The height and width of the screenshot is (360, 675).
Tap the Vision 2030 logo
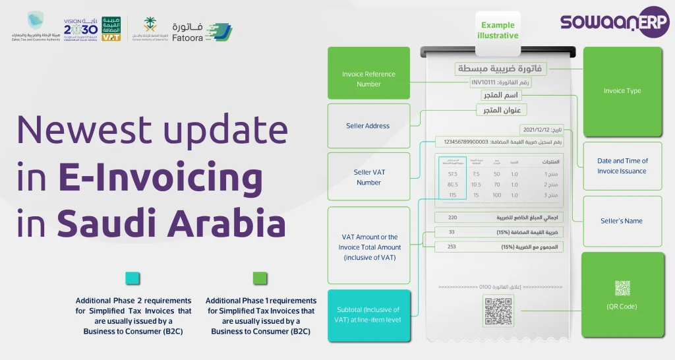point(81,27)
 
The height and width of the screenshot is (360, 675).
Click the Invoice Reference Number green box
point(368,79)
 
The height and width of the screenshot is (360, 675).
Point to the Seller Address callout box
point(368,126)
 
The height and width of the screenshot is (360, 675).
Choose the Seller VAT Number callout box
point(368,177)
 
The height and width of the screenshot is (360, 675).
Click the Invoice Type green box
point(622,91)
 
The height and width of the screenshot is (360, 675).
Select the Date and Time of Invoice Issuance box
point(622,165)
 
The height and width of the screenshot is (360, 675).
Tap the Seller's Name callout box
point(622,221)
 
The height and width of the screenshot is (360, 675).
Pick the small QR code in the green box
point(622,288)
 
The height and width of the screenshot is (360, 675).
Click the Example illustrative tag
point(498,30)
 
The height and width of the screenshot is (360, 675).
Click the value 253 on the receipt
point(452,247)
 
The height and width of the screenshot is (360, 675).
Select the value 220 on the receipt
point(452,217)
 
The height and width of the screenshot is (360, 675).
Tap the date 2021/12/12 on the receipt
point(536,130)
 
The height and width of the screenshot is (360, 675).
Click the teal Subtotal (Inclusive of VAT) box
point(368,315)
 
